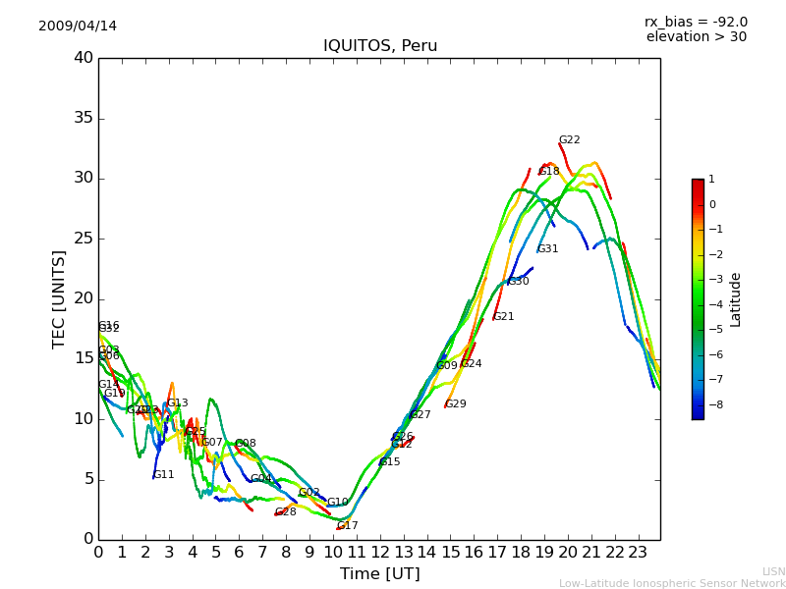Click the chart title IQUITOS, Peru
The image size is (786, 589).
380,46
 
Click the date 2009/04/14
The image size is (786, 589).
78,27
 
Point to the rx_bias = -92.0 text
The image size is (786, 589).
696,22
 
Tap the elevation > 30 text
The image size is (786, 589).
697,37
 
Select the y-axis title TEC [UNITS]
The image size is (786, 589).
59,298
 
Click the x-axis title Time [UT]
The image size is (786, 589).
379,573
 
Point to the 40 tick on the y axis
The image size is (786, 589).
84,58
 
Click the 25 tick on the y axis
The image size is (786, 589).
84,239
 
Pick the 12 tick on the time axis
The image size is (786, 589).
380,552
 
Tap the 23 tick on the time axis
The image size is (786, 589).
638,552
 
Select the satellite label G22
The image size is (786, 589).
570,140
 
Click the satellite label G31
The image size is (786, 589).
547,249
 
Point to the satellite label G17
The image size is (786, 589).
348,526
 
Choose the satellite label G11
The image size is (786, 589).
164,475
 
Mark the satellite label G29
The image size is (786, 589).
456,404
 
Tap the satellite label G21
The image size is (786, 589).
504,317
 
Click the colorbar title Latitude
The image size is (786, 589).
736,299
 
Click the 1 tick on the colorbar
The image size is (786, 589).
711,180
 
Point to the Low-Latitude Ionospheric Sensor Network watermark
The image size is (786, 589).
672,584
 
